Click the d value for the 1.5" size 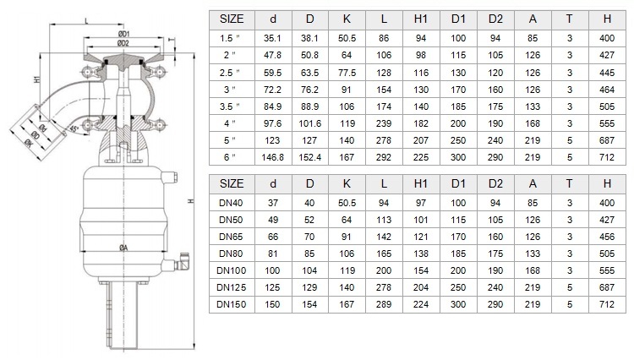coord(272,38)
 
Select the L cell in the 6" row coord(384,157)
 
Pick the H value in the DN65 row coord(607,237)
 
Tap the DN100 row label coord(232,270)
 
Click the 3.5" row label coord(230,106)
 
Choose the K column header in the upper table coord(347,19)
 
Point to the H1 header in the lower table coord(420,184)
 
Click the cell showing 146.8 coord(272,157)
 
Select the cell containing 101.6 coord(309,123)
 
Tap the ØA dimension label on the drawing coord(123,248)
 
